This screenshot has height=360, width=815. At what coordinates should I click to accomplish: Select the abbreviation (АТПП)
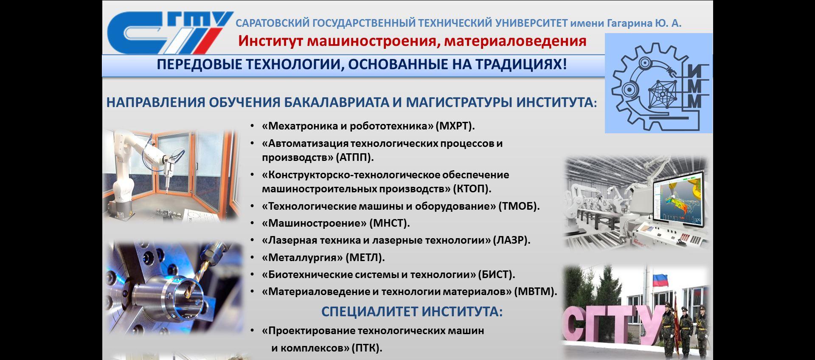[355, 157]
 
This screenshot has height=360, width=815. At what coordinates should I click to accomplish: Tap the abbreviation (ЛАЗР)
[512, 240]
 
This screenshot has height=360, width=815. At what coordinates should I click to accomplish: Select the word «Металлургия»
[303, 258]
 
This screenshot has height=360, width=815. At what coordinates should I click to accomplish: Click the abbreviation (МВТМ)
[536, 292]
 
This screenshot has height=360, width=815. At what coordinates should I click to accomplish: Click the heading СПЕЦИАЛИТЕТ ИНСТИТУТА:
[412, 312]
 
